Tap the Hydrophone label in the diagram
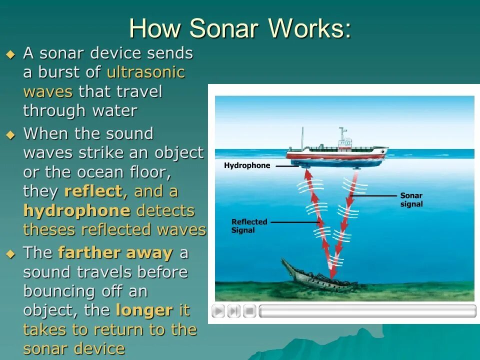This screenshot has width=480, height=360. click(247, 165)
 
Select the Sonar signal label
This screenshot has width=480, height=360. click(411, 199)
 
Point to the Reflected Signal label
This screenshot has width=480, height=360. click(249, 226)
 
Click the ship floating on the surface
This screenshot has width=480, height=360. click(337, 151)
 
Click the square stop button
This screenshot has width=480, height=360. click(249, 311)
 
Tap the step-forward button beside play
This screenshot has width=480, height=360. click(234, 311)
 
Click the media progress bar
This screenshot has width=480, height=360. click(367, 311)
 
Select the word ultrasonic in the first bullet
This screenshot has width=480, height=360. click(146, 72)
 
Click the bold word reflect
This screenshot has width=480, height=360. click(93, 191)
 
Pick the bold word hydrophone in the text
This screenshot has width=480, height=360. click(77, 210)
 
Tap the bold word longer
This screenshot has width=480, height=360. click(144, 310)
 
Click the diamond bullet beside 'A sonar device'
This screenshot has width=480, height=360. click(10, 55)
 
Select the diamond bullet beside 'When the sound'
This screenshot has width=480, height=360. click(10, 135)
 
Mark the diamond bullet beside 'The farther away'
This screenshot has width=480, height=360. click(10, 254)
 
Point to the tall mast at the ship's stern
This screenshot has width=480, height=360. click(302, 138)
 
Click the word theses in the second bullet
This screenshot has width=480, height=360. click(49, 229)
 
